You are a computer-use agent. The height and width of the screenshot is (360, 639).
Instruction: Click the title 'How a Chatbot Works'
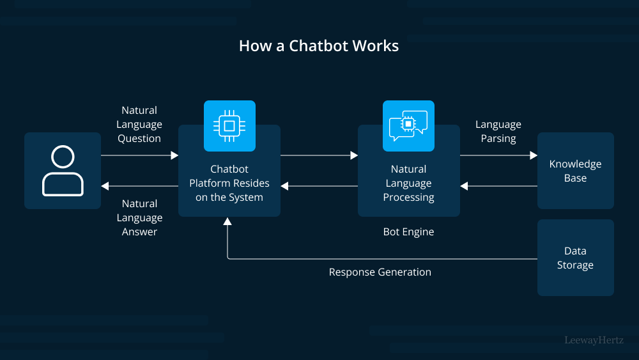[319, 46]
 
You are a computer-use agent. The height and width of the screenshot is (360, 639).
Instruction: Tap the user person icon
[63, 171]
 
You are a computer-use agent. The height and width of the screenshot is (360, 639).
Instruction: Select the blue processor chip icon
[229, 126]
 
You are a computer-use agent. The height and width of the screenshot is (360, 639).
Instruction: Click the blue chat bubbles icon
[408, 126]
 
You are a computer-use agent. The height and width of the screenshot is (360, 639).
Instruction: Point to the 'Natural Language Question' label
[139, 124]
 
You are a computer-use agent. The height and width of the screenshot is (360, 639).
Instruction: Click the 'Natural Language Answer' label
[139, 217]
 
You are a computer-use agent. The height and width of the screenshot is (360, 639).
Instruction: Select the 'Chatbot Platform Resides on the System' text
[229, 183]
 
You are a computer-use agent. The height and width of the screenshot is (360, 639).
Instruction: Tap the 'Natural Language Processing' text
[408, 183]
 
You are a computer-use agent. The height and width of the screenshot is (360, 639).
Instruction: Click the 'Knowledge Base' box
[575, 171]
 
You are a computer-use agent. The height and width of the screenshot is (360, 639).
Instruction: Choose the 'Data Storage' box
[575, 258]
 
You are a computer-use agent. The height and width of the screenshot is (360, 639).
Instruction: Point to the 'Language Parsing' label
[498, 131]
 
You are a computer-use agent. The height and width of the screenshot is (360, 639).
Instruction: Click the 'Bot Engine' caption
[408, 232]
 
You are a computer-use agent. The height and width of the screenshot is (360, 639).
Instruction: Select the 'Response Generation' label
[380, 272]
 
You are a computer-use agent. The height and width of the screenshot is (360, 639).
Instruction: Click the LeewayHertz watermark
[594, 340]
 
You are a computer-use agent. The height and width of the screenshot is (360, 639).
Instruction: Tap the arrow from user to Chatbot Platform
[139, 155]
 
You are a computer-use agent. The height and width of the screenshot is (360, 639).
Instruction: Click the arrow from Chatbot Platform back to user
[139, 186]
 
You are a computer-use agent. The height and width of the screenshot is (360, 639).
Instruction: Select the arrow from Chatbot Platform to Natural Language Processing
[319, 155]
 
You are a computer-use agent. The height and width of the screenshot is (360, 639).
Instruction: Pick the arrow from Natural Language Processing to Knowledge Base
[498, 155]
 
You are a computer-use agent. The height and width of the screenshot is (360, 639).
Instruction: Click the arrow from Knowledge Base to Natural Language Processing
[498, 186]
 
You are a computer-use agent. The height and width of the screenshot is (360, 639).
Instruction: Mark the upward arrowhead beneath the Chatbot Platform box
[227, 221]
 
